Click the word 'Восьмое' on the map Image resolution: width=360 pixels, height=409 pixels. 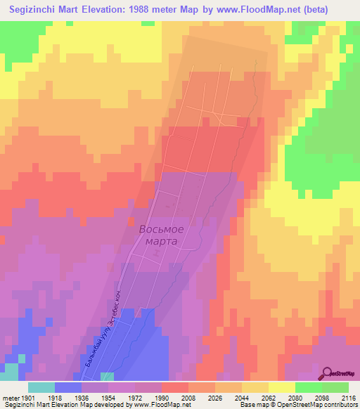[x=161, y=229]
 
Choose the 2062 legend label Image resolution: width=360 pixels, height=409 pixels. [x=269, y=397]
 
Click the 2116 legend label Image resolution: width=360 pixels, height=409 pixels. [x=347, y=397]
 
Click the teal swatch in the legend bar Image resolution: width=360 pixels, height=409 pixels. [x=41, y=387]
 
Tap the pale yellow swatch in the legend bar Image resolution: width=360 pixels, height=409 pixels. [x=282, y=387]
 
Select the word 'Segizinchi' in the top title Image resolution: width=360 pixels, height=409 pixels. [x=34, y=11]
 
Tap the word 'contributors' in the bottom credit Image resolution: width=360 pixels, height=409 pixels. [x=340, y=405]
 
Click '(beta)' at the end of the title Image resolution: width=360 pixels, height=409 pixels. [x=333, y=11]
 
